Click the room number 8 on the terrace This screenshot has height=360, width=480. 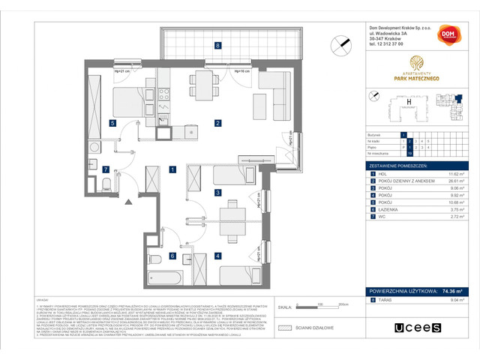coord(217,46)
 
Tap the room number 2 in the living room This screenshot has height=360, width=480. coord(217,123)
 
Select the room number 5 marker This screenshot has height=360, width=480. coord(112,123)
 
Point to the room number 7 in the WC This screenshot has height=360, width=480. coord(106,169)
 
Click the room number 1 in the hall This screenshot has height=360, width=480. coord(172,169)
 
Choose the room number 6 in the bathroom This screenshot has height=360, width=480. coord(172,256)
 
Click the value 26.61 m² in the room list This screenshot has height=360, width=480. coord(452,181)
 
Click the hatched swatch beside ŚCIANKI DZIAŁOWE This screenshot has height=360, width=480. coord(284,327)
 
